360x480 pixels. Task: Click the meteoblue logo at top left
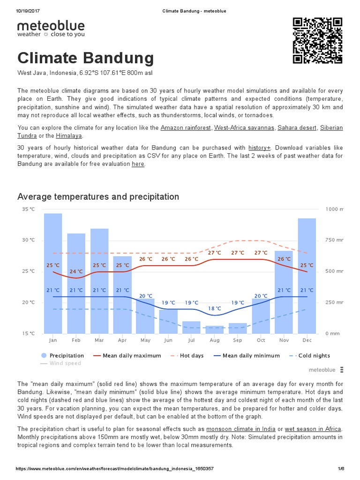click(51, 29)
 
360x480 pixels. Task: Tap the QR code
click(317, 40)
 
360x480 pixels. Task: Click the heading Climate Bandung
click(85, 58)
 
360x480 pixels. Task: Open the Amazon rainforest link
click(186, 127)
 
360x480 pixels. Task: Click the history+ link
click(259, 147)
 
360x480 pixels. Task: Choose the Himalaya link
click(69, 135)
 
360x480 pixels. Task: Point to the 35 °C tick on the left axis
click(28, 209)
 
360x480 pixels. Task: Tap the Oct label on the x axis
click(261, 340)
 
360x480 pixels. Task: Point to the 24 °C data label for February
click(76, 271)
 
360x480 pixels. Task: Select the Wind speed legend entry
click(64, 363)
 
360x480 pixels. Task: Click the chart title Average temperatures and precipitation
click(98, 196)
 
